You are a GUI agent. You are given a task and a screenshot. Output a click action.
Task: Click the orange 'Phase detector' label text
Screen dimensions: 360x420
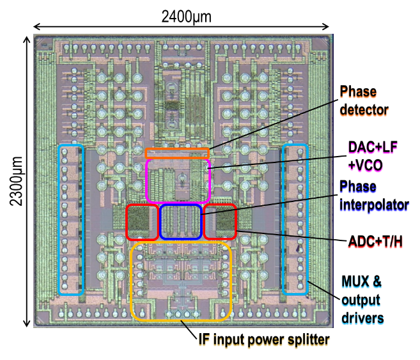363,101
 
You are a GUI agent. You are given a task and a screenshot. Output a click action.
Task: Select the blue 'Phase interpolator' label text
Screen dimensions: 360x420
373,196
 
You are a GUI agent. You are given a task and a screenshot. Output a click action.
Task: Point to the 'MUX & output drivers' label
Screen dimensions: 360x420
362,299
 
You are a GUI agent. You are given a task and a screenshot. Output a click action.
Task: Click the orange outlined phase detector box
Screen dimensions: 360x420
177,153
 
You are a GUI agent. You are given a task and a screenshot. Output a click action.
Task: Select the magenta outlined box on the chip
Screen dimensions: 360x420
178,181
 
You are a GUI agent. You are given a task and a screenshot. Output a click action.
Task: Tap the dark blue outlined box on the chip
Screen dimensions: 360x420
180,221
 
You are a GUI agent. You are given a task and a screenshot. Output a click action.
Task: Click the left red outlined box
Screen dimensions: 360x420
142,221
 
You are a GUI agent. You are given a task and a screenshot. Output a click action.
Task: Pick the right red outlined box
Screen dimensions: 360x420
219,222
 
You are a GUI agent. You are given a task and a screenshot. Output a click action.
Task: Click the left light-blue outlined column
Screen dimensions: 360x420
70,220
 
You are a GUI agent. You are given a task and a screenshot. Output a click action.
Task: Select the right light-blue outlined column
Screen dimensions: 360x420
295,220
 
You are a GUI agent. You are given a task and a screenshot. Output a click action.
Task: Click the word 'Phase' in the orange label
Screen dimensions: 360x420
357,93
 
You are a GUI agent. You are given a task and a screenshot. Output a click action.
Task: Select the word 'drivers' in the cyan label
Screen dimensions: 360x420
362,318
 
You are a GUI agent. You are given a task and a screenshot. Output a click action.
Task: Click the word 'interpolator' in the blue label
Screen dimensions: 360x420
373,205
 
